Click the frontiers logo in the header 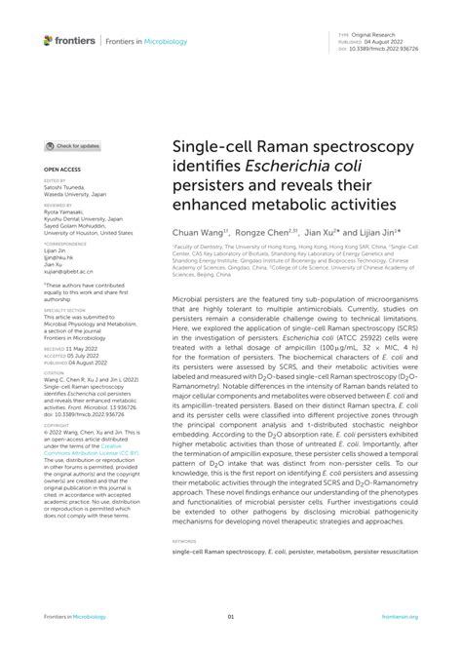(74, 40)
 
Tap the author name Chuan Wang (196, 234)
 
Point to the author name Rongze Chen (263, 234)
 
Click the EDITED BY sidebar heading (56, 181)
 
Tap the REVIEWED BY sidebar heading (58, 207)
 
